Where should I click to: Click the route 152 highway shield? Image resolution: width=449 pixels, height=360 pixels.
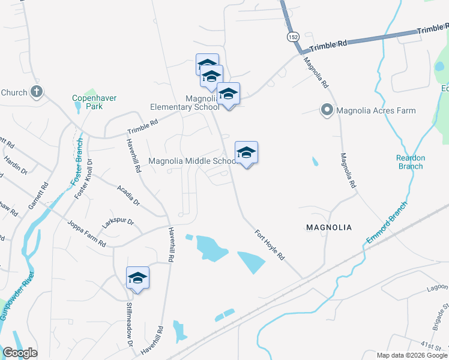point(292,37)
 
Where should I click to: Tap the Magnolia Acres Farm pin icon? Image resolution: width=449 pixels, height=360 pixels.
point(327,110)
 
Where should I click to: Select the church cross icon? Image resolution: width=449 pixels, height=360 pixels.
point(37,92)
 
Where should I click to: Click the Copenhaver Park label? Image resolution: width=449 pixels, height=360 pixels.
point(94,102)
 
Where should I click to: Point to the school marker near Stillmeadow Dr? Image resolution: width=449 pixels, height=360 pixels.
point(137,278)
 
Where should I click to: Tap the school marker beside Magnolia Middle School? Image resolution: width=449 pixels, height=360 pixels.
point(246,153)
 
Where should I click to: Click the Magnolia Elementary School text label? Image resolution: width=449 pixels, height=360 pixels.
point(184,103)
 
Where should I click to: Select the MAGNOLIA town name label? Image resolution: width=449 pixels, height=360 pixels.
point(329,227)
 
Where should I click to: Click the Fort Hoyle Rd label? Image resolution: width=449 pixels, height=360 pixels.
point(269,244)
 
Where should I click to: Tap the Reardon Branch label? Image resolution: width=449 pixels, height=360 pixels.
point(411,162)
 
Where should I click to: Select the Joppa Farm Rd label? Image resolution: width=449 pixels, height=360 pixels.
point(86,231)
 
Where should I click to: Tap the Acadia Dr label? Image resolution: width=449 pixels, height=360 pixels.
point(128,195)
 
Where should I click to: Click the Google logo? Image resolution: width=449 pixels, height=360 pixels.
point(20,353)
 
